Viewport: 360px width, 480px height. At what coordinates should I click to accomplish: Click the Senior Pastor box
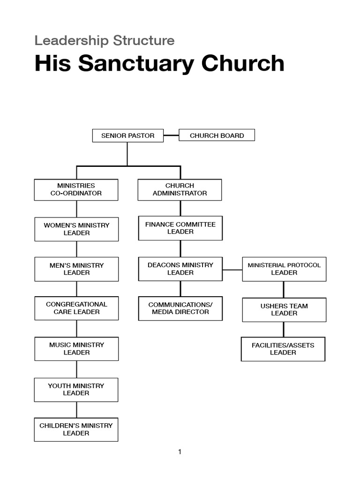coord(127,135)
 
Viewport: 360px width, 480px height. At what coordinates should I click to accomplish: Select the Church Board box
coord(217,135)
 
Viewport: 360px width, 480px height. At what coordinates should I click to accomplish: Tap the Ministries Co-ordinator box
coord(76,190)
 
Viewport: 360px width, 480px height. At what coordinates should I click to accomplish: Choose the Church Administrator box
coord(180,190)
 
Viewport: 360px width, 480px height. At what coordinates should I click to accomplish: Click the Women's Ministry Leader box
coord(76,229)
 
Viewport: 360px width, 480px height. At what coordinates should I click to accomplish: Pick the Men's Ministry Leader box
coord(76,269)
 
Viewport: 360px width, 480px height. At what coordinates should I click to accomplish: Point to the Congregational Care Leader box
coord(76,308)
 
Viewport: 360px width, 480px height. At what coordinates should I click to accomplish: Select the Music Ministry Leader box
coord(76,349)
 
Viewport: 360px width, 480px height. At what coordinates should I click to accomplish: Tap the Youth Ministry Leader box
coord(76,390)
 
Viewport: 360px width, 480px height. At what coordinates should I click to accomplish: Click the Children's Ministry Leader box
coord(76,429)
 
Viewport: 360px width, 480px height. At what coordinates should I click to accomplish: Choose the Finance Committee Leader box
coord(180,228)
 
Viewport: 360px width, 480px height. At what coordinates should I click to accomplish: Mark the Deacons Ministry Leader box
coord(180,269)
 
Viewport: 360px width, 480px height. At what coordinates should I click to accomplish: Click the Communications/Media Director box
coord(180,308)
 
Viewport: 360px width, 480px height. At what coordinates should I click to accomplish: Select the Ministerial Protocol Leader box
coord(284,269)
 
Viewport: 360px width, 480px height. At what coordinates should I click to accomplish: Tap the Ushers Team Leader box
coord(284,310)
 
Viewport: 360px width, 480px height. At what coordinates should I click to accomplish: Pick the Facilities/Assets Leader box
coord(283,349)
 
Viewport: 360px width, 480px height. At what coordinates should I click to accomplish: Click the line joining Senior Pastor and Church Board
coord(171,135)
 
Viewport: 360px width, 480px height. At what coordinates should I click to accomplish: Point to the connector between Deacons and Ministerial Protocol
coord(232,270)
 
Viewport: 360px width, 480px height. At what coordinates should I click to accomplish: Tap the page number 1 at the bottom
coord(180,452)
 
